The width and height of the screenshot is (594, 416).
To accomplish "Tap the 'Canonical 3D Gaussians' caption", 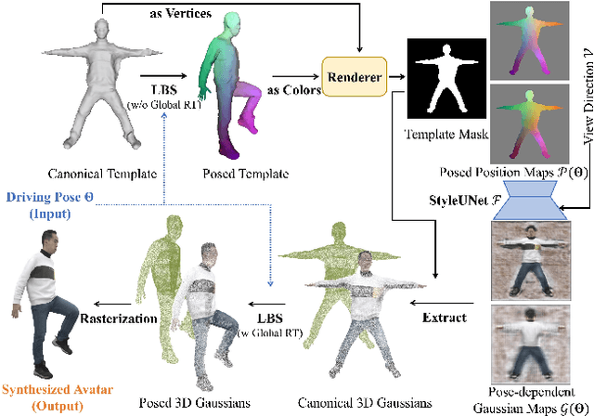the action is click(x=356, y=402).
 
